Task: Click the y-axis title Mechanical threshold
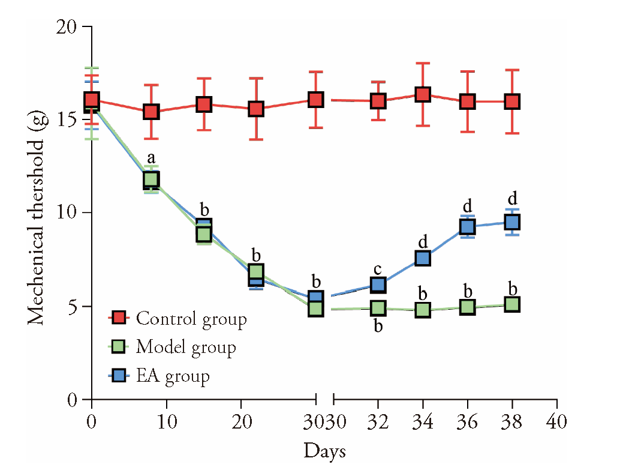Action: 37,214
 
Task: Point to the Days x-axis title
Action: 324,451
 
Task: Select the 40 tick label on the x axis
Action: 557,421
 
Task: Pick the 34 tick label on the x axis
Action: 423,421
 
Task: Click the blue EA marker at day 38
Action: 511,222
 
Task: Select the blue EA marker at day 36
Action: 468,226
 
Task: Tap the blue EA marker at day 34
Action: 423,258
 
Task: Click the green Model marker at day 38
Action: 511,304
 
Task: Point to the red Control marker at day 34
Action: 423,94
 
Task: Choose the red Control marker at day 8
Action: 151,112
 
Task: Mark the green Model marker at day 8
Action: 151,179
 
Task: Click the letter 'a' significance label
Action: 151,158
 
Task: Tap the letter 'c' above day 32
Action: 378,268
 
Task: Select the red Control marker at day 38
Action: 511,101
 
